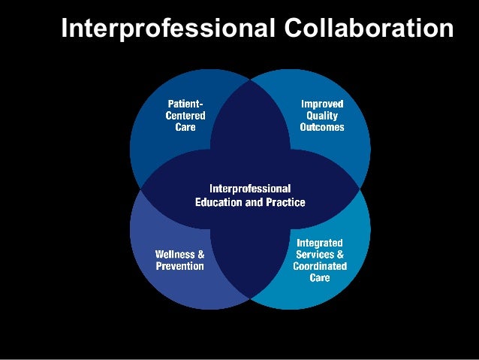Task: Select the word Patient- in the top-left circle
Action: pyautogui.click(x=185, y=103)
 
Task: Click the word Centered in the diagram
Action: pyautogui.click(x=185, y=115)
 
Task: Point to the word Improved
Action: pyautogui.click(x=322, y=103)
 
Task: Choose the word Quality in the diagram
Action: pyautogui.click(x=322, y=115)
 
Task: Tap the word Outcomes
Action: pyautogui.click(x=322, y=127)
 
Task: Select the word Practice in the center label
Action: pyautogui.click(x=285, y=202)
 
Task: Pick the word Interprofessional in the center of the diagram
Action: pyautogui.click(x=250, y=188)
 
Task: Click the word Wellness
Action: pyautogui.click(x=175, y=254)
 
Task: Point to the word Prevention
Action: pyautogui.click(x=179, y=266)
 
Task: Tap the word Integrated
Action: pyautogui.click(x=320, y=243)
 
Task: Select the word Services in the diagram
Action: pyautogui.click(x=315, y=254)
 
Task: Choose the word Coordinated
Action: pyautogui.click(x=320, y=266)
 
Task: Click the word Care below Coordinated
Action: pyautogui.click(x=320, y=278)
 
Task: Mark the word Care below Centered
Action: pyautogui.click(x=185, y=127)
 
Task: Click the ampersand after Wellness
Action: pyautogui.click(x=200, y=254)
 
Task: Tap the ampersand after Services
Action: pyautogui.click(x=339, y=254)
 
